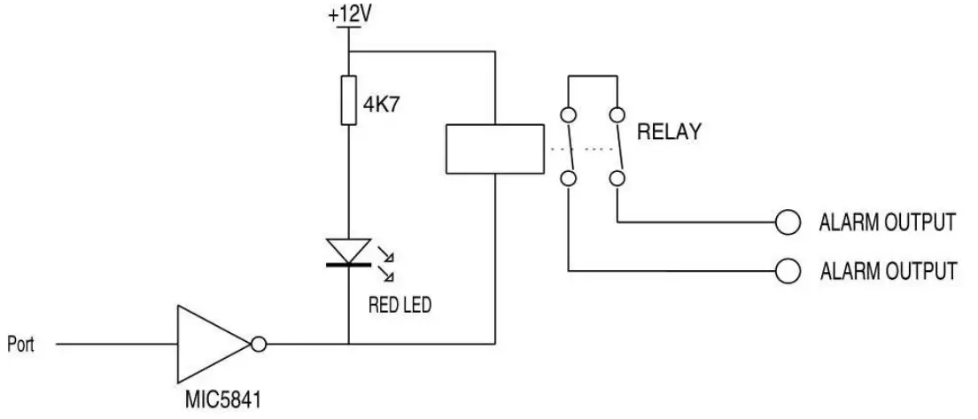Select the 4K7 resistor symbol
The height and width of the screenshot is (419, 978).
(x=349, y=99)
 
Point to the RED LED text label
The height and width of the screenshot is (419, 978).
(x=400, y=306)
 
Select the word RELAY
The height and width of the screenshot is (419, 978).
(x=669, y=133)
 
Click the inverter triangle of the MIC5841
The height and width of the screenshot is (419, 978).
(x=211, y=343)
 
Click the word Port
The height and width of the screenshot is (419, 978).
(x=20, y=344)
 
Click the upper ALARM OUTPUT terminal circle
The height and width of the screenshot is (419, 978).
(x=788, y=221)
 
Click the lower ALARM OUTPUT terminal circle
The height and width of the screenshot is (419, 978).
(x=788, y=270)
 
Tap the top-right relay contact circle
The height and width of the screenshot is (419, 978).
(x=617, y=115)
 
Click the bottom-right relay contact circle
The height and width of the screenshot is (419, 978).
(x=617, y=180)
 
